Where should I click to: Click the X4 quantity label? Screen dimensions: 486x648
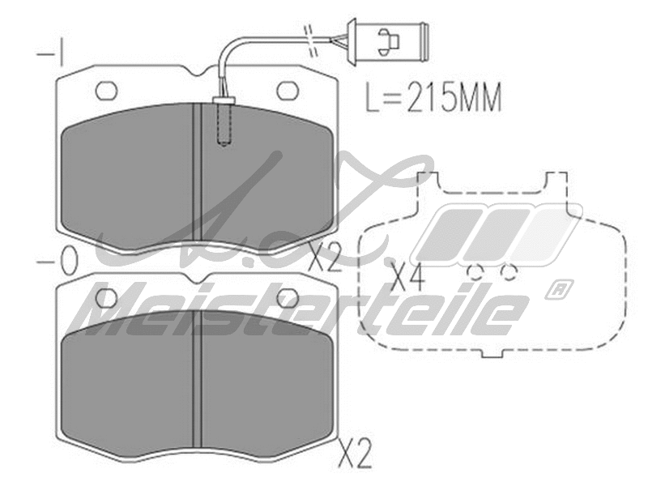[x=407, y=277]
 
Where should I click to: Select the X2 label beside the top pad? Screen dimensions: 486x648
[x=326, y=258]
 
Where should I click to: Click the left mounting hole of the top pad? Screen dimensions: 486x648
[x=107, y=90]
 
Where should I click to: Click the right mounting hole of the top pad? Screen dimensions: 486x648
[x=288, y=90]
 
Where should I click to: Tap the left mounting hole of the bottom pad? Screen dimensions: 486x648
[x=107, y=297]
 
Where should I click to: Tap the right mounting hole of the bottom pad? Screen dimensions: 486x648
[x=288, y=297]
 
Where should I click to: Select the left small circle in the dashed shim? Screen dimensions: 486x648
[x=475, y=272]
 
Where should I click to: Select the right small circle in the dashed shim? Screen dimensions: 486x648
[x=509, y=272]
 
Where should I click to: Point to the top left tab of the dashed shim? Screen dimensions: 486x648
[x=424, y=181]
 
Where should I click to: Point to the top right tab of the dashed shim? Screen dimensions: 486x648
[x=555, y=181]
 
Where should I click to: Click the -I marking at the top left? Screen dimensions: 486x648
[x=51, y=54]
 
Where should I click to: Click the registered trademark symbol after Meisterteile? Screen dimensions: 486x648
[x=561, y=288]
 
